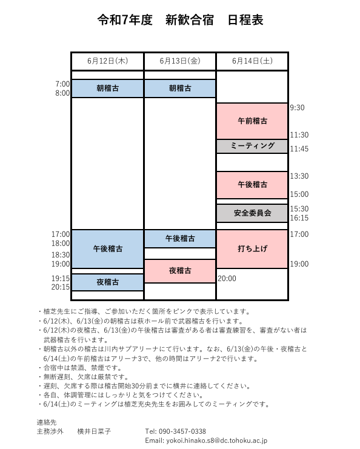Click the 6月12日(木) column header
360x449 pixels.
pos(107,61)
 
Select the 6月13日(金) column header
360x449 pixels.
pos(180,61)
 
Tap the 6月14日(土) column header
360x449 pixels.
pos(252,61)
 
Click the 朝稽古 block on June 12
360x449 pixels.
pos(107,88)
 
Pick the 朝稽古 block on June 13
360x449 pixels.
pos(180,88)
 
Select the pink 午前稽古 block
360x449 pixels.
pos(252,121)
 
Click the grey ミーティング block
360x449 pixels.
pos(252,146)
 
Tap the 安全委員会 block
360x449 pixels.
pos(252,213)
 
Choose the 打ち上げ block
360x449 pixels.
pos(252,249)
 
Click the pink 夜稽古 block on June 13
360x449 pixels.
pos(180,271)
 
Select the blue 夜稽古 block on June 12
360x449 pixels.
pos(107,282)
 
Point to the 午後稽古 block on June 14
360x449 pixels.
pos(252,185)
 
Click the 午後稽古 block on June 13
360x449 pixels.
pos(180,239)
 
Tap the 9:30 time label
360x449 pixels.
pos(297,108)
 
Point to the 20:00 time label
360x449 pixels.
pos(227,279)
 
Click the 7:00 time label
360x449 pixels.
pos(62,84)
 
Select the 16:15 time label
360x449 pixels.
pos(299,218)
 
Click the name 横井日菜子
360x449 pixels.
pos(94,431)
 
